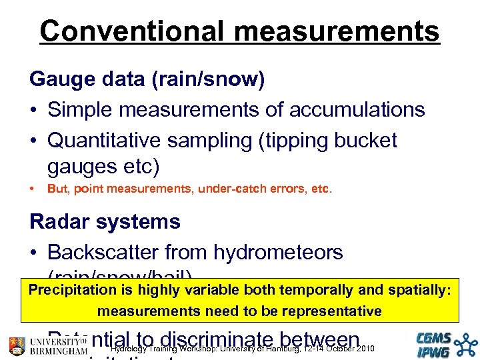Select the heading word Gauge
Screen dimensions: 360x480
click(61, 80)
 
